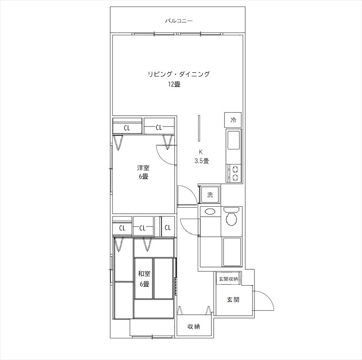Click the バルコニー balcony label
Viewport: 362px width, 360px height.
[179, 21]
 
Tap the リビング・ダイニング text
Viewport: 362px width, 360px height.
[179, 74]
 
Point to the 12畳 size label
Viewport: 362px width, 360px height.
[174, 84]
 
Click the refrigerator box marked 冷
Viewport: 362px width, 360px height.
[233, 120]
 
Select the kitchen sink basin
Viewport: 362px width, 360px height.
[234, 140]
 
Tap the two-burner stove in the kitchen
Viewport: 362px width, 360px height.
[235, 173]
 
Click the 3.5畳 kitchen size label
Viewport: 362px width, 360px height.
[202, 161]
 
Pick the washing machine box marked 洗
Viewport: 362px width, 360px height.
[210, 195]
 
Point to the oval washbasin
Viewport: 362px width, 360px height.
[209, 211]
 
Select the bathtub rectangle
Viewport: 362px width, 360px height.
[231, 251]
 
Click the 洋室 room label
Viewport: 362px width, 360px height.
[143, 167]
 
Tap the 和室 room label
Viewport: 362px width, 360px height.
[144, 274]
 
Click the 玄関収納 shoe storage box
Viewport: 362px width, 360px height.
[229, 279]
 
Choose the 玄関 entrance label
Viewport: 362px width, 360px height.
[233, 300]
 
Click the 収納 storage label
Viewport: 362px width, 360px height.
[193, 327]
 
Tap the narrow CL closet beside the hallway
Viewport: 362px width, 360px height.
[168, 227]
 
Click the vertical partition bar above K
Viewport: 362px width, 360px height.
[199, 128]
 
